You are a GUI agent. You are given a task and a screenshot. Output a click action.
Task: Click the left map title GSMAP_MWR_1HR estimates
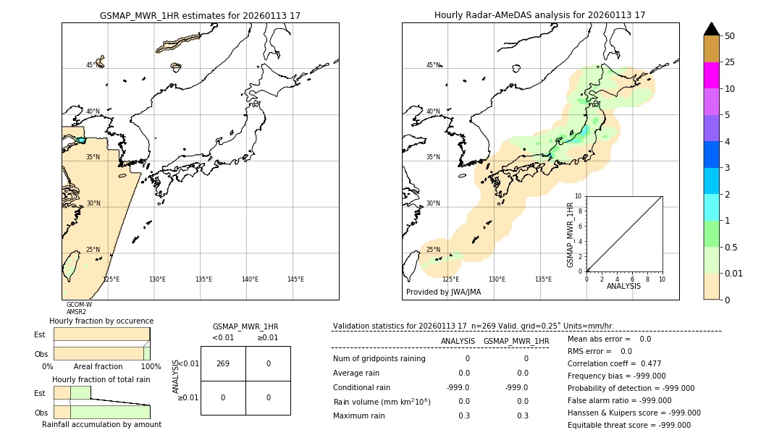(x=200, y=15)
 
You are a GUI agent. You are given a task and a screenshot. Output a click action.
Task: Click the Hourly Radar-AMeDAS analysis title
(x=539, y=15)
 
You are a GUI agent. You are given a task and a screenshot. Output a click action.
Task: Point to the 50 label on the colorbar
(x=730, y=36)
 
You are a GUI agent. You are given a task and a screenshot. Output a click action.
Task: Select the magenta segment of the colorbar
(x=711, y=75)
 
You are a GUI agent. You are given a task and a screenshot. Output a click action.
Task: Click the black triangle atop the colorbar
(x=711, y=29)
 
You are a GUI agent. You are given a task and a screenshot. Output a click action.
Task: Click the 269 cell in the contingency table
(x=223, y=363)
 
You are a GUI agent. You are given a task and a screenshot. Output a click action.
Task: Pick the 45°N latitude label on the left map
(x=92, y=65)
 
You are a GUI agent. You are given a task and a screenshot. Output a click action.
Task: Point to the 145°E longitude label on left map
(x=295, y=279)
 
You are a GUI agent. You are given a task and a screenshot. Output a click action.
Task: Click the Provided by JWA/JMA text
(x=443, y=292)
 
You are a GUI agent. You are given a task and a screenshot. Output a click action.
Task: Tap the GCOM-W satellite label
(x=79, y=305)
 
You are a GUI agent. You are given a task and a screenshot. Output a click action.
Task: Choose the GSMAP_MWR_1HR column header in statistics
(x=516, y=341)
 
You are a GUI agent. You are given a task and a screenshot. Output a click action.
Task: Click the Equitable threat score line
(x=628, y=425)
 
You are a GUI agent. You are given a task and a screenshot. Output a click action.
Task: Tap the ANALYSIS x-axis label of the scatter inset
(x=623, y=286)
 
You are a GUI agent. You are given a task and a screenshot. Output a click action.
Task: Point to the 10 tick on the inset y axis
(x=578, y=196)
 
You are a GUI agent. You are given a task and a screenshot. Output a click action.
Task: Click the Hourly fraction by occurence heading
(x=101, y=321)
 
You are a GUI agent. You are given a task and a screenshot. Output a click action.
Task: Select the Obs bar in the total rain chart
(x=101, y=412)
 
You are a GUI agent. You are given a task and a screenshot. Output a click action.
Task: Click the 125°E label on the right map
(x=450, y=279)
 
